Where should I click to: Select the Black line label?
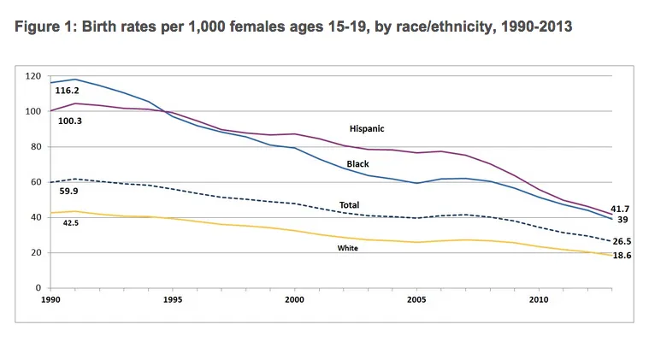click(x=357, y=163)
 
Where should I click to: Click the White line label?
click(x=347, y=248)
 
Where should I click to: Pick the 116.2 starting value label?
click(x=67, y=90)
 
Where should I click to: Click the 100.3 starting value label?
click(x=67, y=121)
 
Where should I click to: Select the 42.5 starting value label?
click(x=69, y=221)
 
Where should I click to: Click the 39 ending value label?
click(x=622, y=221)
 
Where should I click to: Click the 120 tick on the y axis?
click(x=32, y=76)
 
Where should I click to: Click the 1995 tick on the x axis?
click(x=172, y=300)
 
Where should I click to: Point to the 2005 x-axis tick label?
click(x=416, y=300)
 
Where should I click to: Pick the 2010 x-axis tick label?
click(x=539, y=300)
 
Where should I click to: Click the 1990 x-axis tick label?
click(x=50, y=300)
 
